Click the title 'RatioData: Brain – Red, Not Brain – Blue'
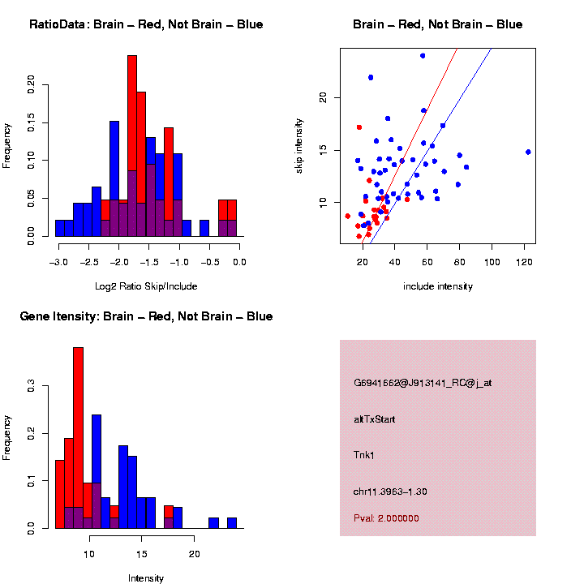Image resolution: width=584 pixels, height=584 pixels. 146,25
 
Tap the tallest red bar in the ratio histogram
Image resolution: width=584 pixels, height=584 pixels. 132,146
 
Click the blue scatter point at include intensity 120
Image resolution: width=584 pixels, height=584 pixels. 528,152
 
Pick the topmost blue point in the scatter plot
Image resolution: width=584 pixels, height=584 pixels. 423,56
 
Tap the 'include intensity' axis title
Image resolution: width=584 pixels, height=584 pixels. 437,286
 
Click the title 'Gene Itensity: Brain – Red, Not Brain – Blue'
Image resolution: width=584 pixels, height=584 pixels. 146,316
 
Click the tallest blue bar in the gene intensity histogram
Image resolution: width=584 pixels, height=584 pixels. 97,470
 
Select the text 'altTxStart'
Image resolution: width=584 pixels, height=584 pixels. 374,419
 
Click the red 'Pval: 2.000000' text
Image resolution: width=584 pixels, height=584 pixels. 386,517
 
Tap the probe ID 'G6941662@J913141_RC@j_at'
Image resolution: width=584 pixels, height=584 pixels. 423,383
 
